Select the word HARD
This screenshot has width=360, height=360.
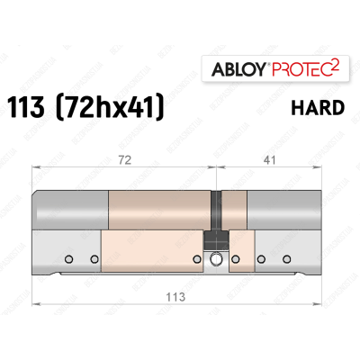tap(316, 109)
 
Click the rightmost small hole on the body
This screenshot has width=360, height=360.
tap(278, 260)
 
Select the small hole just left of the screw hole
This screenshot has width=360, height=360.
tap(196, 260)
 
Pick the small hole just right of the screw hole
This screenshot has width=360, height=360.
tap(236, 260)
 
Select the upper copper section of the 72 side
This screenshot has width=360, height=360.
tap(159, 208)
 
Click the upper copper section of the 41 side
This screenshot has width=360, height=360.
tap(232, 208)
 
